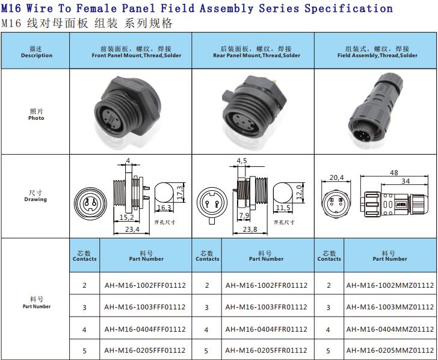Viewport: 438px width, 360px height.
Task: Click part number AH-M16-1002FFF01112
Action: pyautogui.click(x=145, y=285)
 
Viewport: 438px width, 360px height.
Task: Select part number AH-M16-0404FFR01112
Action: pyautogui.click(x=266, y=329)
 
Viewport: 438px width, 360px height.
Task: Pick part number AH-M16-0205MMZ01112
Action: pyautogui.click(x=390, y=350)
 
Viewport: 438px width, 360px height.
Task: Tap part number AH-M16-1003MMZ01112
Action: pyautogui.click(x=390, y=307)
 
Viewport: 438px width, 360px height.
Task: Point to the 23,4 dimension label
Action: pyautogui.click(x=132, y=229)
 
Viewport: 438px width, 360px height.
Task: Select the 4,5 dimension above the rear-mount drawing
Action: pyautogui.click(x=242, y=161)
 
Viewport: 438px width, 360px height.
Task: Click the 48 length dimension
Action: pyautogui.click(x=394, y=172)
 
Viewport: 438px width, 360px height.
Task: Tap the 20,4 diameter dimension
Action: pyautogui.click(x=336, y=178)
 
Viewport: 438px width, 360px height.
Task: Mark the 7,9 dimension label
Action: pyautogui.click(x=244, y=216)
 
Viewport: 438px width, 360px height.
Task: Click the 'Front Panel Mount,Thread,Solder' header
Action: pyautogui.click(x=137, y=55)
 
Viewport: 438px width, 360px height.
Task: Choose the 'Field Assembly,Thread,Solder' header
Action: pyautogui.click(x=377, y=55)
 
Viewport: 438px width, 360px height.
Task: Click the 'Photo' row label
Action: pyautogui.click(x=36, y=118)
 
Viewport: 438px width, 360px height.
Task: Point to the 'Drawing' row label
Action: pyautogui.click(x=35, y=199)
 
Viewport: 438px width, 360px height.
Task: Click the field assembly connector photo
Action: pyautogui.click(x=376, y=110)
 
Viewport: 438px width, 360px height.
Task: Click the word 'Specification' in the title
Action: pyautogui.click(x=348, y=8)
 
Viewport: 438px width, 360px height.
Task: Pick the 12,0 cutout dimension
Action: pyautogui.click(x=299, y=191)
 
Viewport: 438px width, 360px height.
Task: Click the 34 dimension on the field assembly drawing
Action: pyautogui.click(x=406, y=181)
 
